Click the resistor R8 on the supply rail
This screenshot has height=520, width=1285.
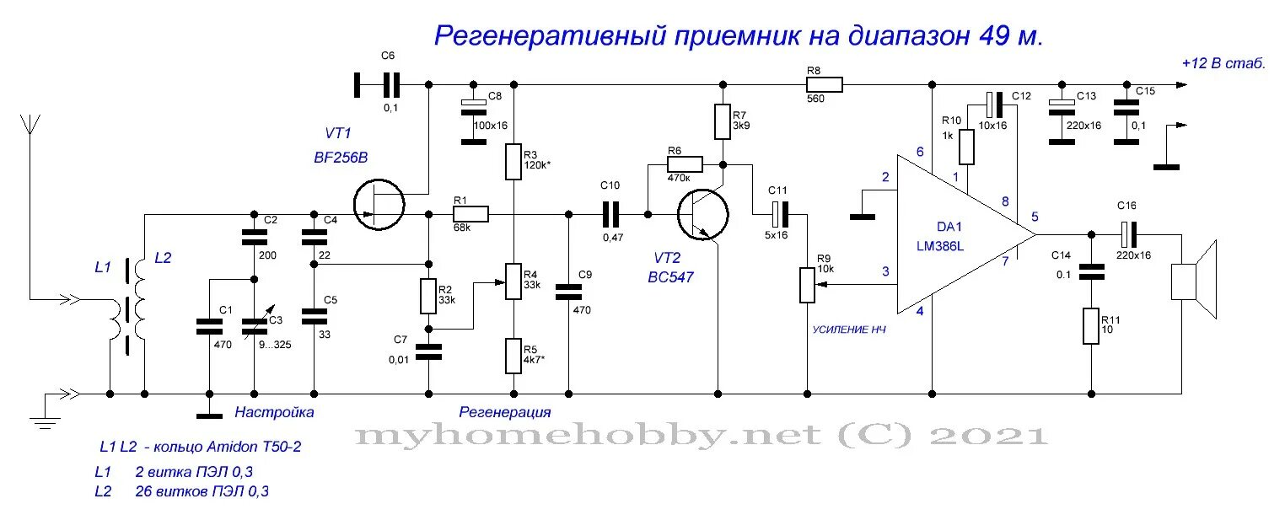coord(824,84)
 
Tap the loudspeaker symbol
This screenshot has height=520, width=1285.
coord(1192,280)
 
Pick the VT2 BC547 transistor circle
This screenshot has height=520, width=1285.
coord(703,214)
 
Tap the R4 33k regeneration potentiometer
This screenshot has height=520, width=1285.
coord(513,281)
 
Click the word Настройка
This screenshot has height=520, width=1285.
coord(274,413)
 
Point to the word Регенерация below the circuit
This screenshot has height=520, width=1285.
coord(504,413)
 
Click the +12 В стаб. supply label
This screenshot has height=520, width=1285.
coord(1222,63)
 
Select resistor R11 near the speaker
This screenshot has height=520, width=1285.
coord(1091,326)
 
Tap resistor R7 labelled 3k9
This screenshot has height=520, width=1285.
coord(723,121)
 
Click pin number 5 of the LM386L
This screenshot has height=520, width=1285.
coord(1035,217)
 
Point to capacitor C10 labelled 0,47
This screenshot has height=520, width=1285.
coord(611,214)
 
